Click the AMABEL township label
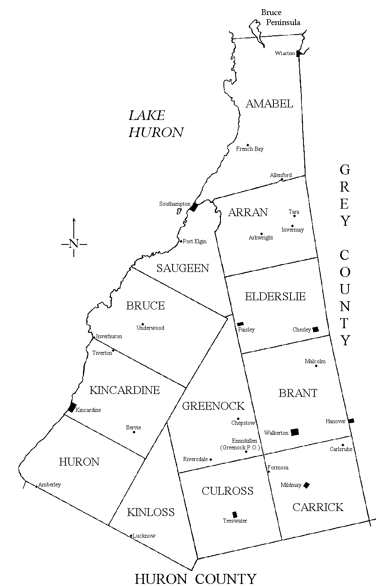pyautogui.click(x=269, y=104)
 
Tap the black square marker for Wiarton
pyautogui.click(x=298, y=53)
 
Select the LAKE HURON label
pyautogui.click(x=155, y=124)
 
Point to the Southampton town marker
pyautogui.click(x=193, y=207)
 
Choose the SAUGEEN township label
pyautogui.click(x=183, y=268)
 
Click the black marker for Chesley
pyautogui.click(x=316, y=329)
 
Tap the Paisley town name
pyautogui.click(x=246, y=330)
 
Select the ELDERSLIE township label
pyautogui.click(x=275, y=297)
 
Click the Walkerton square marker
pyautogui.click(x=295, y=432)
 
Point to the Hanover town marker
pyautogui.click(x=351, y=421)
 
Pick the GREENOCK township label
pyautogui.click(x=213, y=406)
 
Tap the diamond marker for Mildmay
pyautogui.click(x=306, y=485)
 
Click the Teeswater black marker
pyautogui.click(x=235, y=514)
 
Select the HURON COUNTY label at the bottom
pyautogui.click(x=195, y=579)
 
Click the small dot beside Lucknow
pyautogui.click(x=131, y=536)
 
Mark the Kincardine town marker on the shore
pyautogui.click(x=72, y=407)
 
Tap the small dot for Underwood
pyautogui.click(x=143, y=324)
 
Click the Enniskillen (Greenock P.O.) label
pyautogui.click(x=240, y=444)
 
